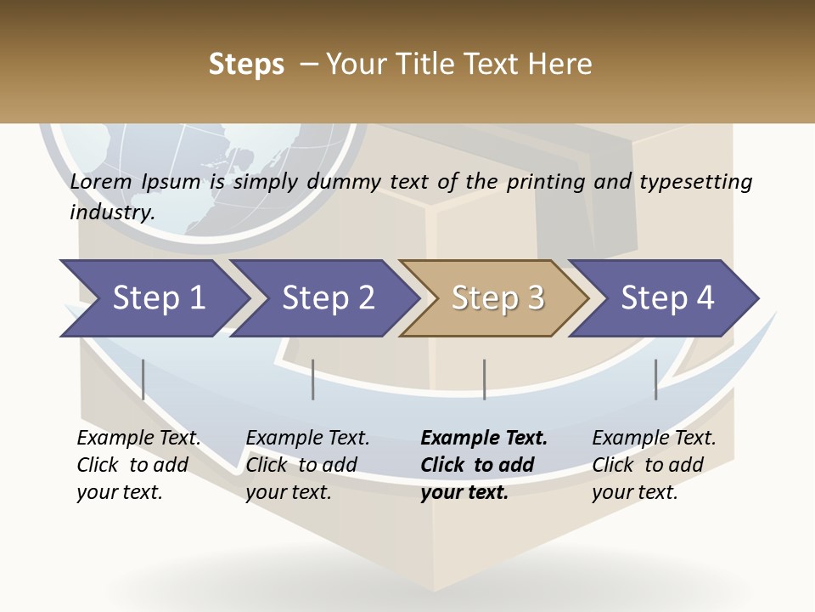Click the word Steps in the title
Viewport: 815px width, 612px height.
pyautogui.click(x=246, y=65)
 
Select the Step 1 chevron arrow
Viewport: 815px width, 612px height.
pyautogui.click(x=153, y=297)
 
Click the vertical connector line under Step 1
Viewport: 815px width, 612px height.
pyautogui.click(x=143, y=379)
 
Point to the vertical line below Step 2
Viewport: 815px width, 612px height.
pyautogui.click(x=313, y=379)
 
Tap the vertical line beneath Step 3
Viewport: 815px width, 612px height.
pyautogui.click(x=484, y=379)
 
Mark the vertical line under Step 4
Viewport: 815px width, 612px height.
pyautogui.click(x=655, y=379)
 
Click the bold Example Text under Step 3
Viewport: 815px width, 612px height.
pyautogui.click(x=484, y=439)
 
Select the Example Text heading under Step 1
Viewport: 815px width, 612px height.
pyautogui.click(x=138, y=439)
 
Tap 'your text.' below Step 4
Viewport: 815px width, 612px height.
pyautogui.click(x=634, y=492)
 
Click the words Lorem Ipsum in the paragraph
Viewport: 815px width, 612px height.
pyautogui.click(x=135, y=182)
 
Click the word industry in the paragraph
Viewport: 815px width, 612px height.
pyautogui.click(x=111, y=212)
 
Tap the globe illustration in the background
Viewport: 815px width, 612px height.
pyautogui.click(x=204, y=170)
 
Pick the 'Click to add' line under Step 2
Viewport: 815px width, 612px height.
pyautogui.click(x=301, y=465)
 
